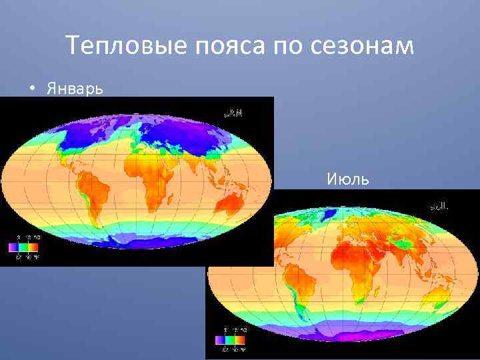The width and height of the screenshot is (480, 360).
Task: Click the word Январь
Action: (75, 89)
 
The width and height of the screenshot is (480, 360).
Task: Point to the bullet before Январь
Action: (31, 89)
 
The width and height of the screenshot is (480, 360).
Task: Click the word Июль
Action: (345, 179)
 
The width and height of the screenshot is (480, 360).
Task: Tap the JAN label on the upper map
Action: (233, 113)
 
